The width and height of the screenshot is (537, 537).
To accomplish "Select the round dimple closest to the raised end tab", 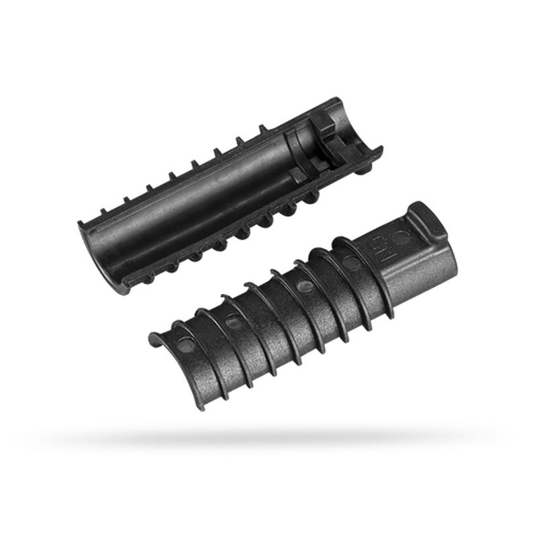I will [x=401, y=237].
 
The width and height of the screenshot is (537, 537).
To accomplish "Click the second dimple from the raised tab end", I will [x=350, y=262].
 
